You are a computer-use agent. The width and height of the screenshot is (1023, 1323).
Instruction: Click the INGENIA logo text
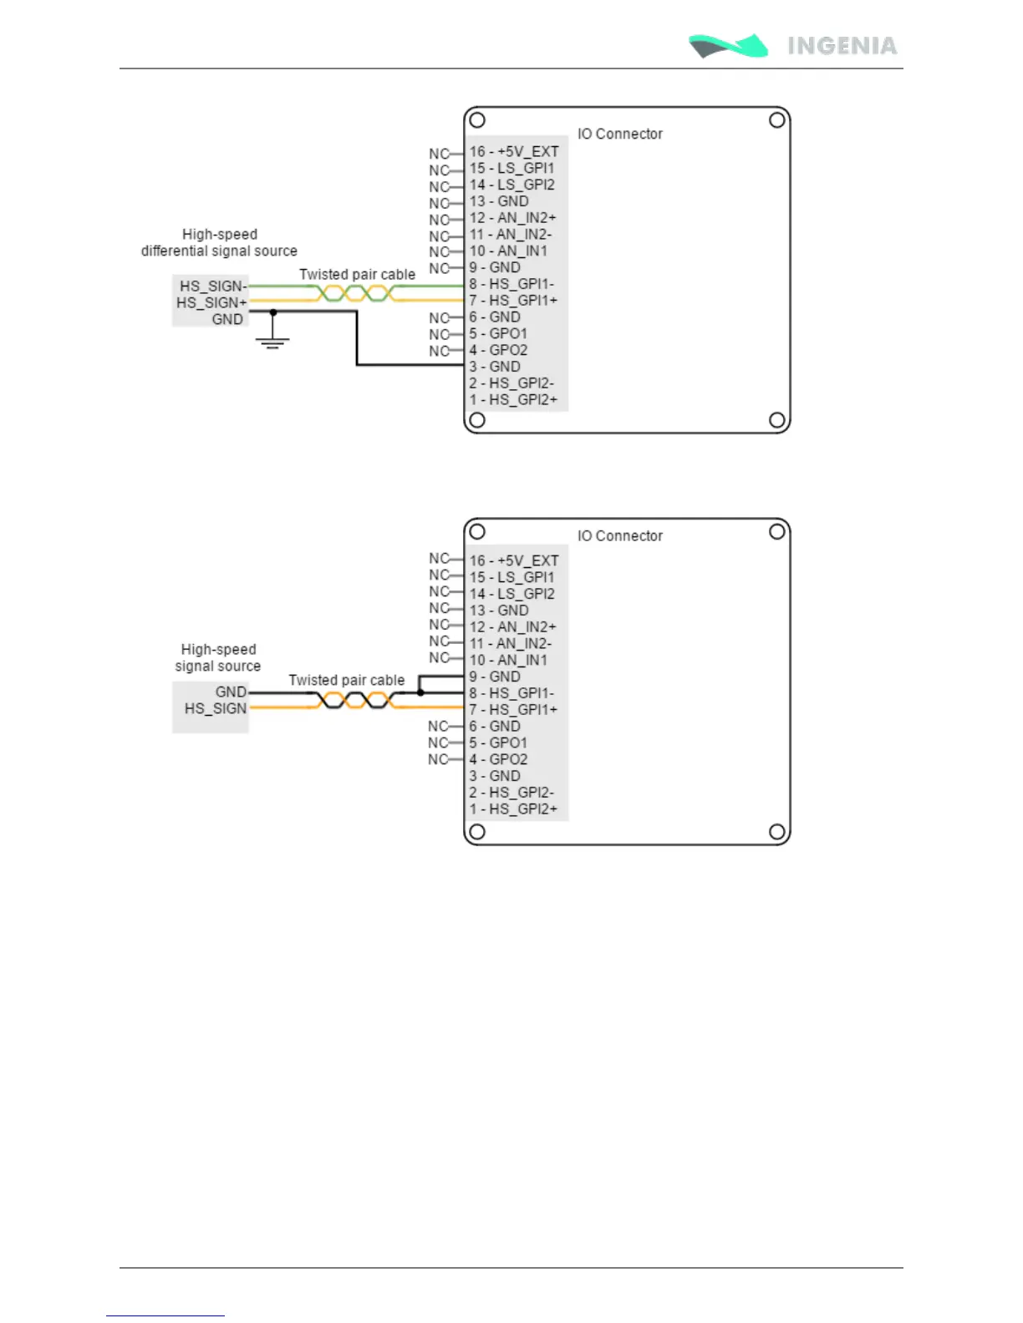pos(842,46)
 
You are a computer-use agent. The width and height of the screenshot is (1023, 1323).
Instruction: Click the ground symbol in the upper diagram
pos(272,340)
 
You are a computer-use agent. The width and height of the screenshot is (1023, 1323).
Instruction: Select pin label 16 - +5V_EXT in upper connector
pos(514,151)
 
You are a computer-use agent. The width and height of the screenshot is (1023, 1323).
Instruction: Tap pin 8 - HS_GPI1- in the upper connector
pos(511,284)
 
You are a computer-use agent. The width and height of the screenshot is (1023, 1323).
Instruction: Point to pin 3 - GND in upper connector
pos(495,367)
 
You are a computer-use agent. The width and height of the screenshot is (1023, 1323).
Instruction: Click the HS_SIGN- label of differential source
pos(213,286)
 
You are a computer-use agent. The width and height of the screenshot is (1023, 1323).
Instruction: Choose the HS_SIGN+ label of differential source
pos(211,302)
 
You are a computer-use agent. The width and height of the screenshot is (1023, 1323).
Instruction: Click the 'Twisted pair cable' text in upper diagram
pos(357,274)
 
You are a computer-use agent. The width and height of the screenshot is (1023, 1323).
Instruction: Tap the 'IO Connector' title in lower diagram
pos(619,535)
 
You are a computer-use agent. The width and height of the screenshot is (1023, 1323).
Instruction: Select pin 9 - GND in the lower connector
pos(495,677)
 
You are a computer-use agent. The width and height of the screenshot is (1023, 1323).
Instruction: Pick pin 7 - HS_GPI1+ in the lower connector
pos(513,710)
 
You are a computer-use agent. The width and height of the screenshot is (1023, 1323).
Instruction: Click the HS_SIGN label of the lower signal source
pos(216,708)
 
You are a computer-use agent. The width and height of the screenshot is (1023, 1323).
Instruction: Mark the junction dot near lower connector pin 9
pos(420,692)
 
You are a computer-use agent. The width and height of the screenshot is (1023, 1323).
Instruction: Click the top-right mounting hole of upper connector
pos(776,120)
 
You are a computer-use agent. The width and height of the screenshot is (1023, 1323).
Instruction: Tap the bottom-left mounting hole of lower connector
pos(477,831)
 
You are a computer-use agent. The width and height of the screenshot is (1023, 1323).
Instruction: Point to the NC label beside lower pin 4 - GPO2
pos(438,759)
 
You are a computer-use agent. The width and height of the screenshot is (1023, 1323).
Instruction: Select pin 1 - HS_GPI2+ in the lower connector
pos(513,808)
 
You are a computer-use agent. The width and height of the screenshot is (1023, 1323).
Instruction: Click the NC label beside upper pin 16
pos(439,154)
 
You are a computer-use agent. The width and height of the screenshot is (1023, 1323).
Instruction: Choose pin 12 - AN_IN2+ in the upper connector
pos(512,218)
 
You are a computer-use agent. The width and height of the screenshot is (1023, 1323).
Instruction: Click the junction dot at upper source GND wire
pos(273,312)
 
